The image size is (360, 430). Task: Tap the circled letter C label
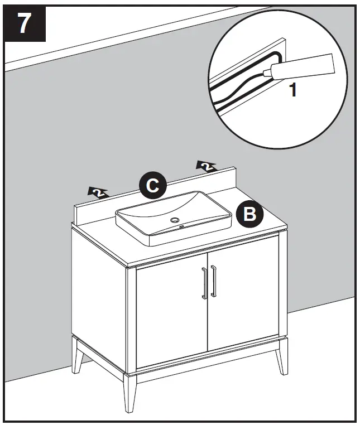pos(153,186)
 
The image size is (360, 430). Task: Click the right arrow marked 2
pos(206,166)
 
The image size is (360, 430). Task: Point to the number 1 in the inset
pos(292,90)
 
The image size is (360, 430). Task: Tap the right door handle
pos(213,282)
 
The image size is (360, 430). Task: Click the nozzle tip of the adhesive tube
pos(267,71)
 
